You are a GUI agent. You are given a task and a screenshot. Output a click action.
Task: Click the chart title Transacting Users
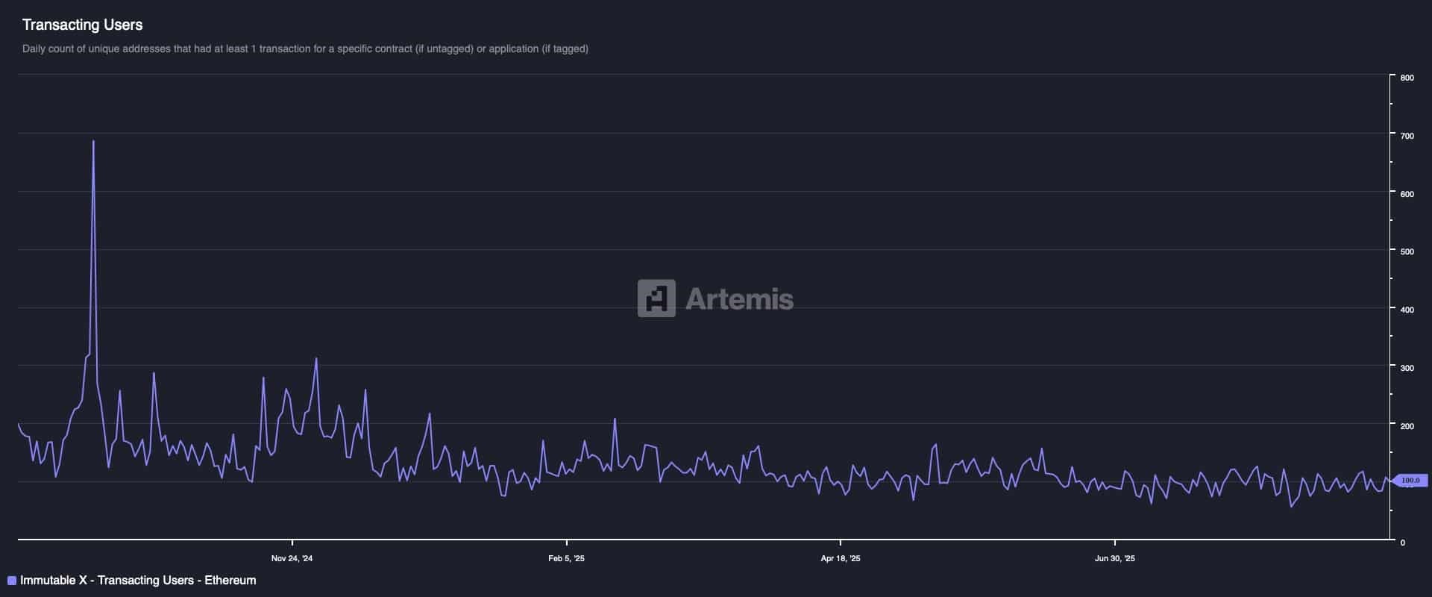[x=82, y=25]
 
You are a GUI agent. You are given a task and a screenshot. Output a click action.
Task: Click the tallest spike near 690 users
[x=93, y=142]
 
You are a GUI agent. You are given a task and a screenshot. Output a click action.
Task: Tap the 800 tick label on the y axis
[x=1407, y=78]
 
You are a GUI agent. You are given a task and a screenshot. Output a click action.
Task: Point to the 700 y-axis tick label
[x=1407, y=136]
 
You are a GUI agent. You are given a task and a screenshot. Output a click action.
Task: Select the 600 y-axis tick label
[x=1407, y=194]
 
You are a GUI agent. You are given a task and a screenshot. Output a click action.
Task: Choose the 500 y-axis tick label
[x=1407, y=251]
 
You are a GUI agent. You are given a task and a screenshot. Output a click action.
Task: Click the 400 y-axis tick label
[x=1407, y=310]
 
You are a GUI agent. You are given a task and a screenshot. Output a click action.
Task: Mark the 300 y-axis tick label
[x=1407, y=368]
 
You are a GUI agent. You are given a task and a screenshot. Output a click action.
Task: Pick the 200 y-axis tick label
[x=1407, y=426]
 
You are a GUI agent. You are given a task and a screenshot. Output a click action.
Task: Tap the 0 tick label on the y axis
[x=1402, y=543]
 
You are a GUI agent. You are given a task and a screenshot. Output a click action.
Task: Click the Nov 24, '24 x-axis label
[x=292, y=558]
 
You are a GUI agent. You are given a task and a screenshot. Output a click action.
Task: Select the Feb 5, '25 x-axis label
[x=566, y=558]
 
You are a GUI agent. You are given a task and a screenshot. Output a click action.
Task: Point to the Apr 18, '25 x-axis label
[x=840, y=558]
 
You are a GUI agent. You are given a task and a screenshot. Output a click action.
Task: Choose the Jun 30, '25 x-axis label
[x=1114, y=558]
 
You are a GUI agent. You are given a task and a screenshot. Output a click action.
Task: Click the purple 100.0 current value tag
[x=1410, y=481]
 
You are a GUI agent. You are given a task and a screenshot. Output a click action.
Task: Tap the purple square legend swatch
[x=12, y=581]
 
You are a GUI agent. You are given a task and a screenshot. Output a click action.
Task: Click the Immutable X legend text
[x=138, y=581]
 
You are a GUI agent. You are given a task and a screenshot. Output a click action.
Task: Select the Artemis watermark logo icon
[x=656, y=298]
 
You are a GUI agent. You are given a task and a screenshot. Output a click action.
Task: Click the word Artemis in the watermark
[x=739, y=299]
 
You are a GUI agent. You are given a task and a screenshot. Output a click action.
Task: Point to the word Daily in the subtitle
[x=34, y=49]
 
